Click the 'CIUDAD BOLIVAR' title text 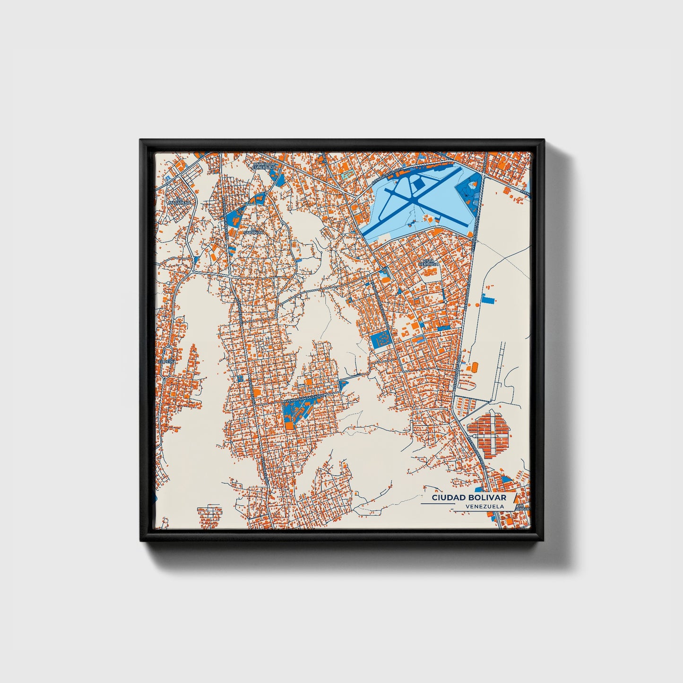(x=468, y=498)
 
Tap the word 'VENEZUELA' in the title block (x=484, y=506)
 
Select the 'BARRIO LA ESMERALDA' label (x=264, y=165)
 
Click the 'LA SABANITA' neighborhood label (x=249, y=231)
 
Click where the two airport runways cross (x=413, y=202)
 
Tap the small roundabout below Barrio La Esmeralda (x=267, y=194)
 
